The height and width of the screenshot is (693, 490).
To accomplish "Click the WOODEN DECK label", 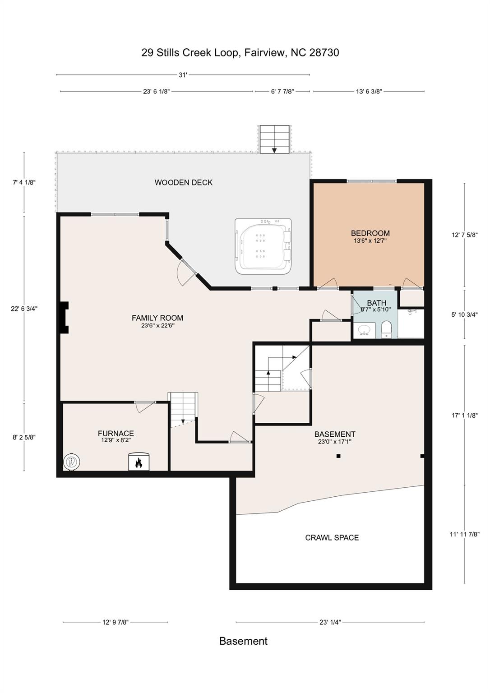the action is coord(184,183).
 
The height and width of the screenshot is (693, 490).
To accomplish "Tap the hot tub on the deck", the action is coord(263,246).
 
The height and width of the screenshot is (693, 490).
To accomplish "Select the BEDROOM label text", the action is coord(370,233).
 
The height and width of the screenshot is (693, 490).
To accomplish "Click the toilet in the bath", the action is coord(386,329).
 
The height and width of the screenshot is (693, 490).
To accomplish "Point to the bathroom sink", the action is coord(364,330).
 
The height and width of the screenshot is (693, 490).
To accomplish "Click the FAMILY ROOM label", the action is coord(157,318).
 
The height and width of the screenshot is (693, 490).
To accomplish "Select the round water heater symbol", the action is coord(72,462).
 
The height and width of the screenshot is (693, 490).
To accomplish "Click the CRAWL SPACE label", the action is coord(332,537).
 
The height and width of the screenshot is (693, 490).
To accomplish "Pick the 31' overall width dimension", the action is coord(183,75).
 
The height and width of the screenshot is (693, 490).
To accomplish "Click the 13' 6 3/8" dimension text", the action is coord(369,91).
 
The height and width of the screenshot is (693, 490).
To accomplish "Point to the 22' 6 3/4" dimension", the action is coord(24,309).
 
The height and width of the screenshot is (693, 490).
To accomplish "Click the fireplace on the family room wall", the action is coord(64,317).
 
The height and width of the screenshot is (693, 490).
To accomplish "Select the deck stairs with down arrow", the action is coord(274,139).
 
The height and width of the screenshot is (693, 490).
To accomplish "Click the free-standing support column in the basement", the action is coord(338,456).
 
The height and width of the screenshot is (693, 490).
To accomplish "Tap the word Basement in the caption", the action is coord(244,641).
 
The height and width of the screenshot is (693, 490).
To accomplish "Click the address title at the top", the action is coord(240,52).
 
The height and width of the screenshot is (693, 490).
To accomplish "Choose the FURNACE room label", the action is coord(116,433).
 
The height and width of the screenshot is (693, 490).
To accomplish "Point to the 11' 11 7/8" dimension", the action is coord(464,534).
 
